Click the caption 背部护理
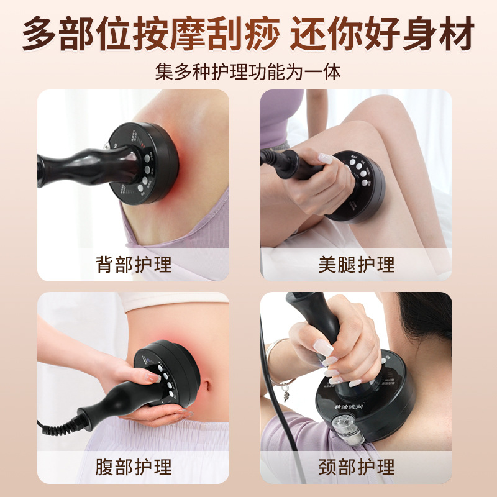point(134,264)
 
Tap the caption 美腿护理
point(356,264)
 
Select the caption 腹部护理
point(134,466)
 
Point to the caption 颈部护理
point(356,466)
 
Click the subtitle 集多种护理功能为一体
point(248,70)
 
